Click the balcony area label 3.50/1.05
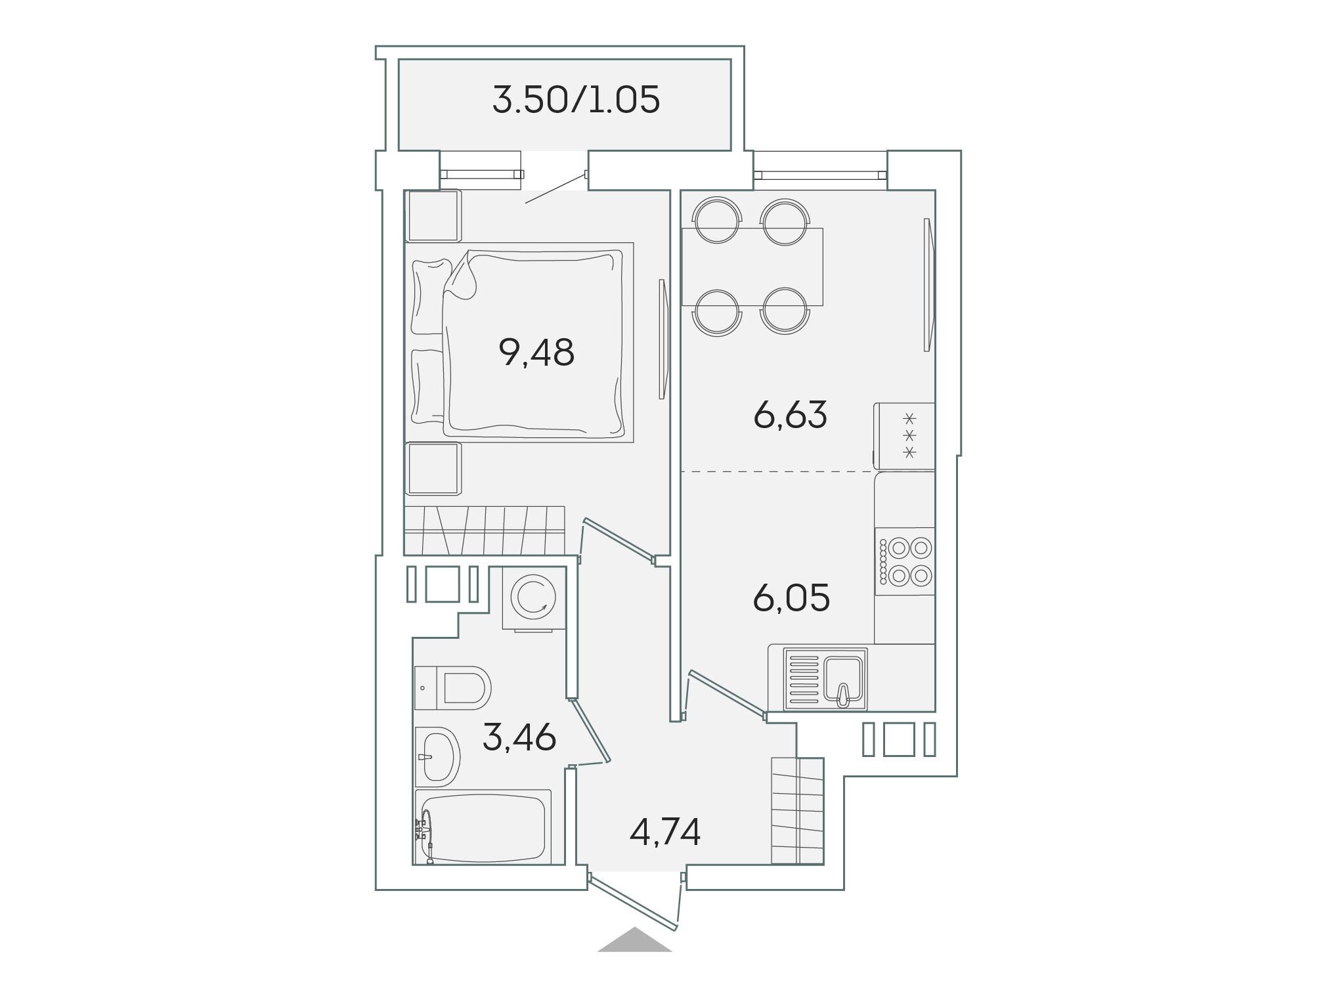[x=576, y=101]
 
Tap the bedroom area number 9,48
[x=536, y=353]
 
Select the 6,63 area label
[x=790, y=415]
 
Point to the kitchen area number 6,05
[x=791, y=597]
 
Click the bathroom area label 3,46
[x=519, y=737]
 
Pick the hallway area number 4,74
[x=664, y=832]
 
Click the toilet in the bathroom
[x=453, y=688]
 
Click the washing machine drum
[x=536, y=597]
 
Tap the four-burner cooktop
[x=905, y=561]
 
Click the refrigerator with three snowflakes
[x=904, y=436]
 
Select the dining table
[x=752, y=267]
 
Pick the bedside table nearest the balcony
[x=433, y=216]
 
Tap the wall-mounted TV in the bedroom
[x=663, y=339]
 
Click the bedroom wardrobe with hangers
[x=485, y=530]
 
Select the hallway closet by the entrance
[x=797, y=811]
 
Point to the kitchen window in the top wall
[x=820, y=175]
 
